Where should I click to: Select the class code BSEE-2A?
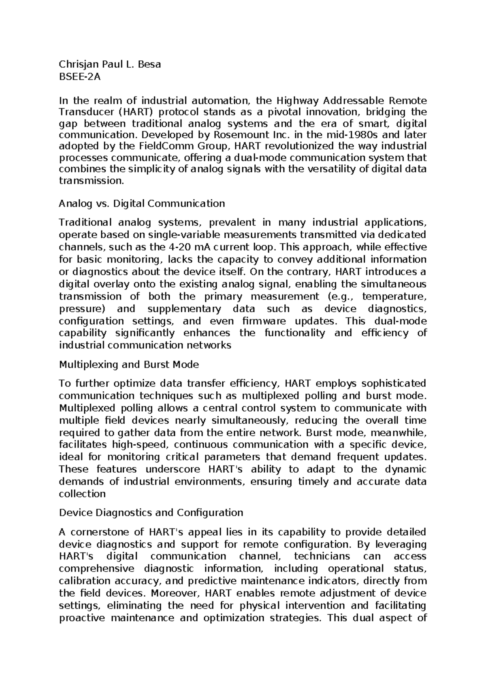[79, 77]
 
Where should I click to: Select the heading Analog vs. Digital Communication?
[142, 203]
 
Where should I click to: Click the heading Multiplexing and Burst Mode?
[129, 365]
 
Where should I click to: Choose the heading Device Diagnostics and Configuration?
[151, 513]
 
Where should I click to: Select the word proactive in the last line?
[81, 618]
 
